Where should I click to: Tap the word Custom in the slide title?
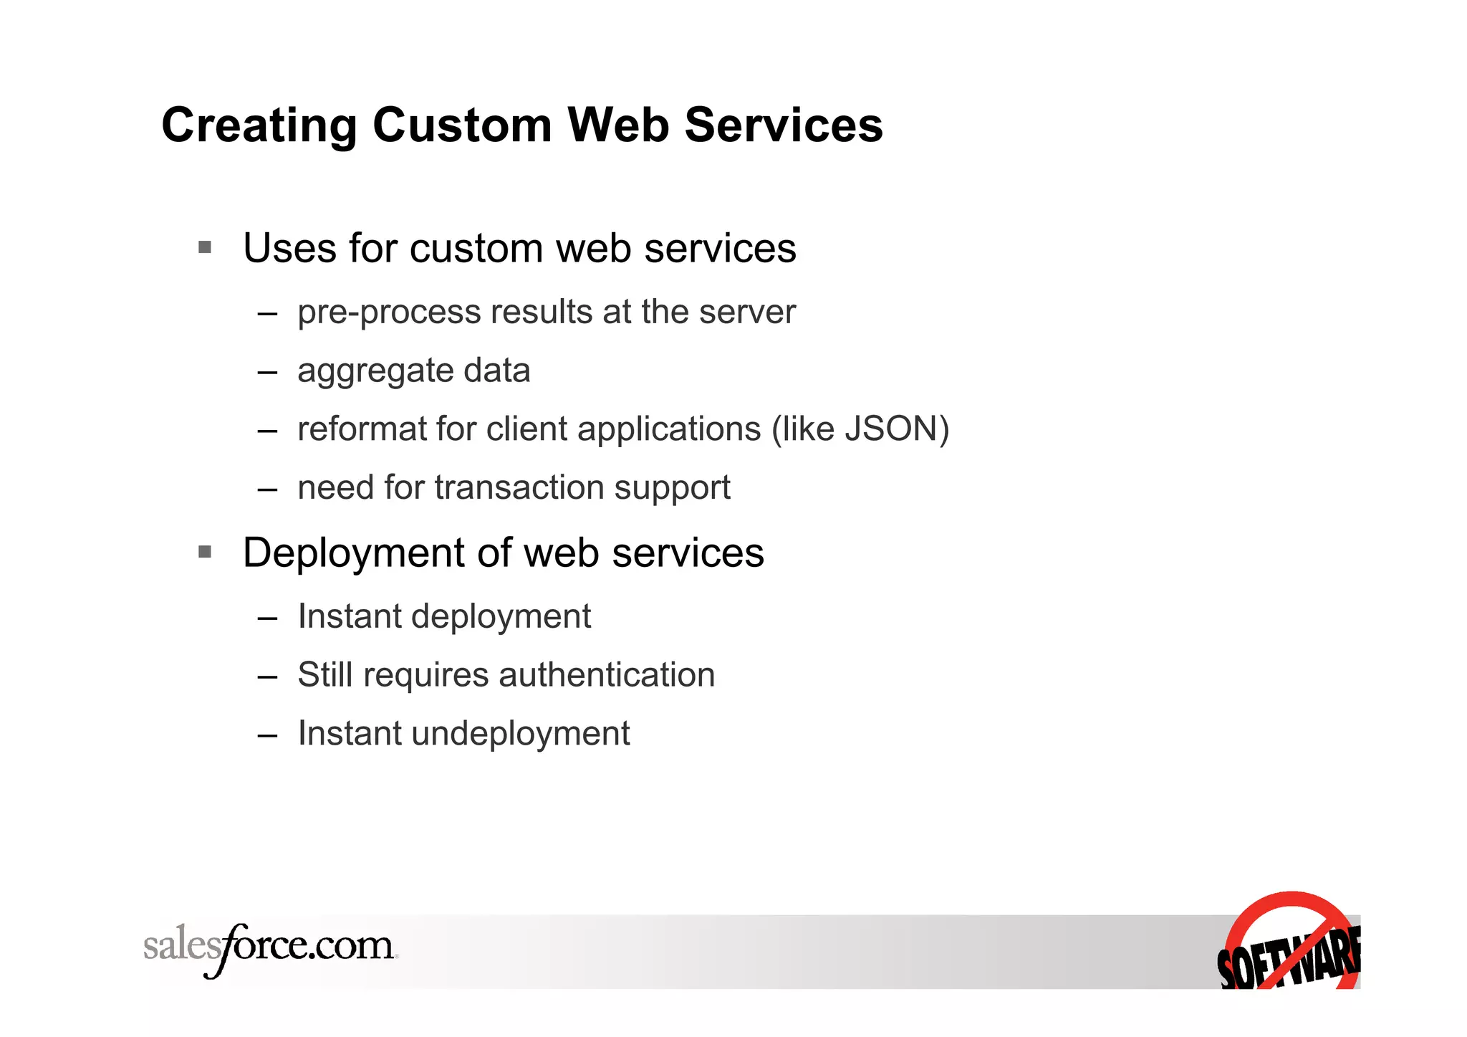pyautogui.click(x=462, y=126)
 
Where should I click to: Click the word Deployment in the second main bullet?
pyautogui.click(x=354, y=553)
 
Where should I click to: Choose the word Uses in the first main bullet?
pyautogui.click(x=289, y=249)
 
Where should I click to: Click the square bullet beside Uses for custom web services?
pyautogui.click(x=205, y=248)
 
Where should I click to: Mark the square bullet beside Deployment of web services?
pyautogui.click(x=205, y=552)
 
